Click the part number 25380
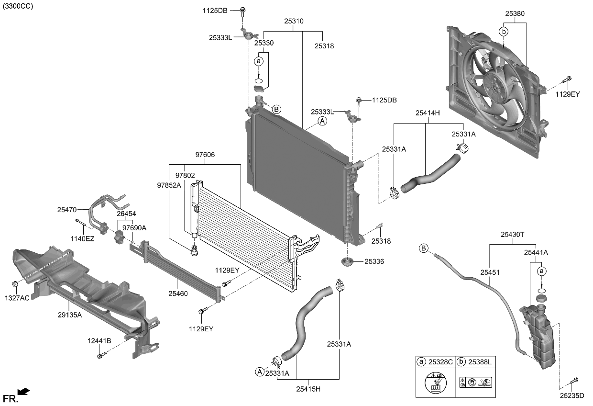click(515, 14)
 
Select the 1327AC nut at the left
click(15, 284)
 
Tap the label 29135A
click(69, 315)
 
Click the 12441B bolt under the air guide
click(100, 355)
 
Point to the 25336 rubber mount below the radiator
click(346, 262)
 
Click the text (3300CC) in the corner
click(18, 6)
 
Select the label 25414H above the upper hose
click(428, 113)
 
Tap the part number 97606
click(205, 155)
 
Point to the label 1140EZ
click(82, 238)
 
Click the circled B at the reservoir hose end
click(423, 248)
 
